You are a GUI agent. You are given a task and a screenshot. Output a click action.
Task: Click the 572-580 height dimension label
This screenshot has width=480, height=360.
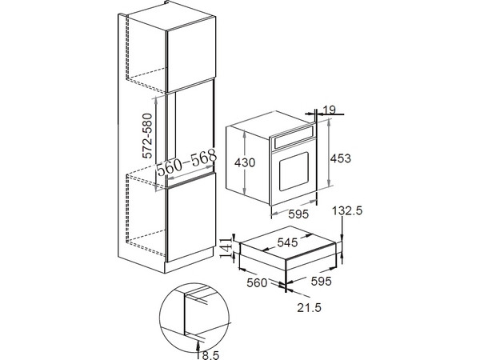pyautogui.click(x=148, y=136)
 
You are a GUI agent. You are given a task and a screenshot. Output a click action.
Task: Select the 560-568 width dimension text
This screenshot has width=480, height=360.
pyautogui.click(x=186, y=163)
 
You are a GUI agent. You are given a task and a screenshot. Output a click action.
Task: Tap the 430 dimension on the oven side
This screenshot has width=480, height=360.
pyautogui.click(x=245, y=162)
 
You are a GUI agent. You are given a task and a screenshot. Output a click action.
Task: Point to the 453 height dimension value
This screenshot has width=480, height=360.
pyautogui.click(x=341, y=158)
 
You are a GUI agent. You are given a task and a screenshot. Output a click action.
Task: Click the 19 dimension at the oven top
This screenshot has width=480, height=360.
pyautogui.click(x=330, y=110)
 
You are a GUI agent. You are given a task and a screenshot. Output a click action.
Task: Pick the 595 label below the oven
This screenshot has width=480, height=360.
pyautogui.click(x=298, y=214)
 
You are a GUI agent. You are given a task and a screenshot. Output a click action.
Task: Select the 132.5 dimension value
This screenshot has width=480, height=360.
pyautogui.click(x=347, y=210)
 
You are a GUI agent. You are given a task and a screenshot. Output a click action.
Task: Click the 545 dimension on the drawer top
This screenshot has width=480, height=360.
pyautogui.click(x=287, y=242)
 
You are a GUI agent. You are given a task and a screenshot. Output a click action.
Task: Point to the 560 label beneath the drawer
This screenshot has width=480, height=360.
pyautogui.click(x=257, y=283)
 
